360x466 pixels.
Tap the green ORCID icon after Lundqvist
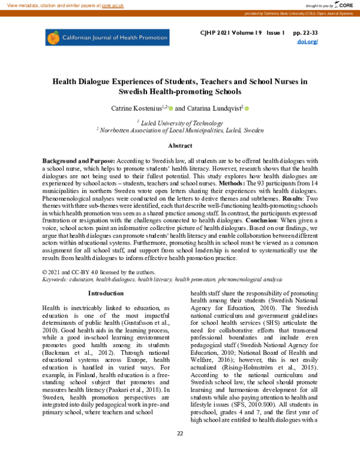click(246, 109)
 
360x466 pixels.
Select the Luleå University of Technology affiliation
click(180, 122)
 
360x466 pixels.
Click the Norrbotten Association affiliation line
click(180, 130)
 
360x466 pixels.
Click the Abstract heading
click(179, 146)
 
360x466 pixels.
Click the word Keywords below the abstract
click(56, 279)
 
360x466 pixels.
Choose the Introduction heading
click(106, 293)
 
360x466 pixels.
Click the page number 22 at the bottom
click(179, 450)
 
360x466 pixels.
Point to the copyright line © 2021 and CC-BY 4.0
click(96, 272)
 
